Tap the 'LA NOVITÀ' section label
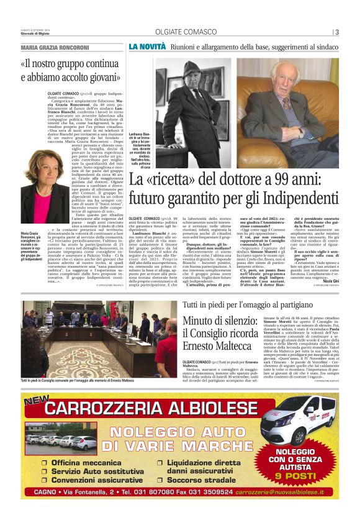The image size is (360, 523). [147, 47]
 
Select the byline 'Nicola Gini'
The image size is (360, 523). [327, 281]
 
